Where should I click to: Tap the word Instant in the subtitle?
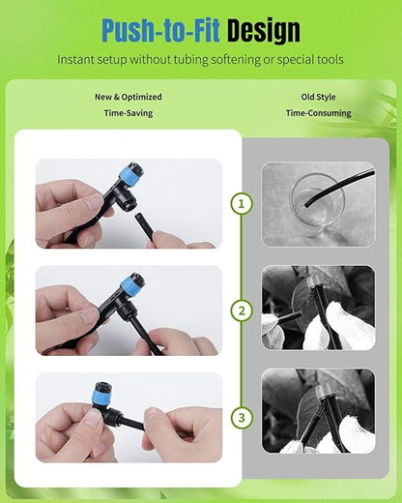(x=79, y=60)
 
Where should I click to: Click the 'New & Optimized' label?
(x=128, y=97)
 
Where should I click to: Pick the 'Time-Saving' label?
(x=128, y=113)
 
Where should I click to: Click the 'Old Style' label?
(x=318, y=97)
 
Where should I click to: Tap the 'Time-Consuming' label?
(x=318, y=113)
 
